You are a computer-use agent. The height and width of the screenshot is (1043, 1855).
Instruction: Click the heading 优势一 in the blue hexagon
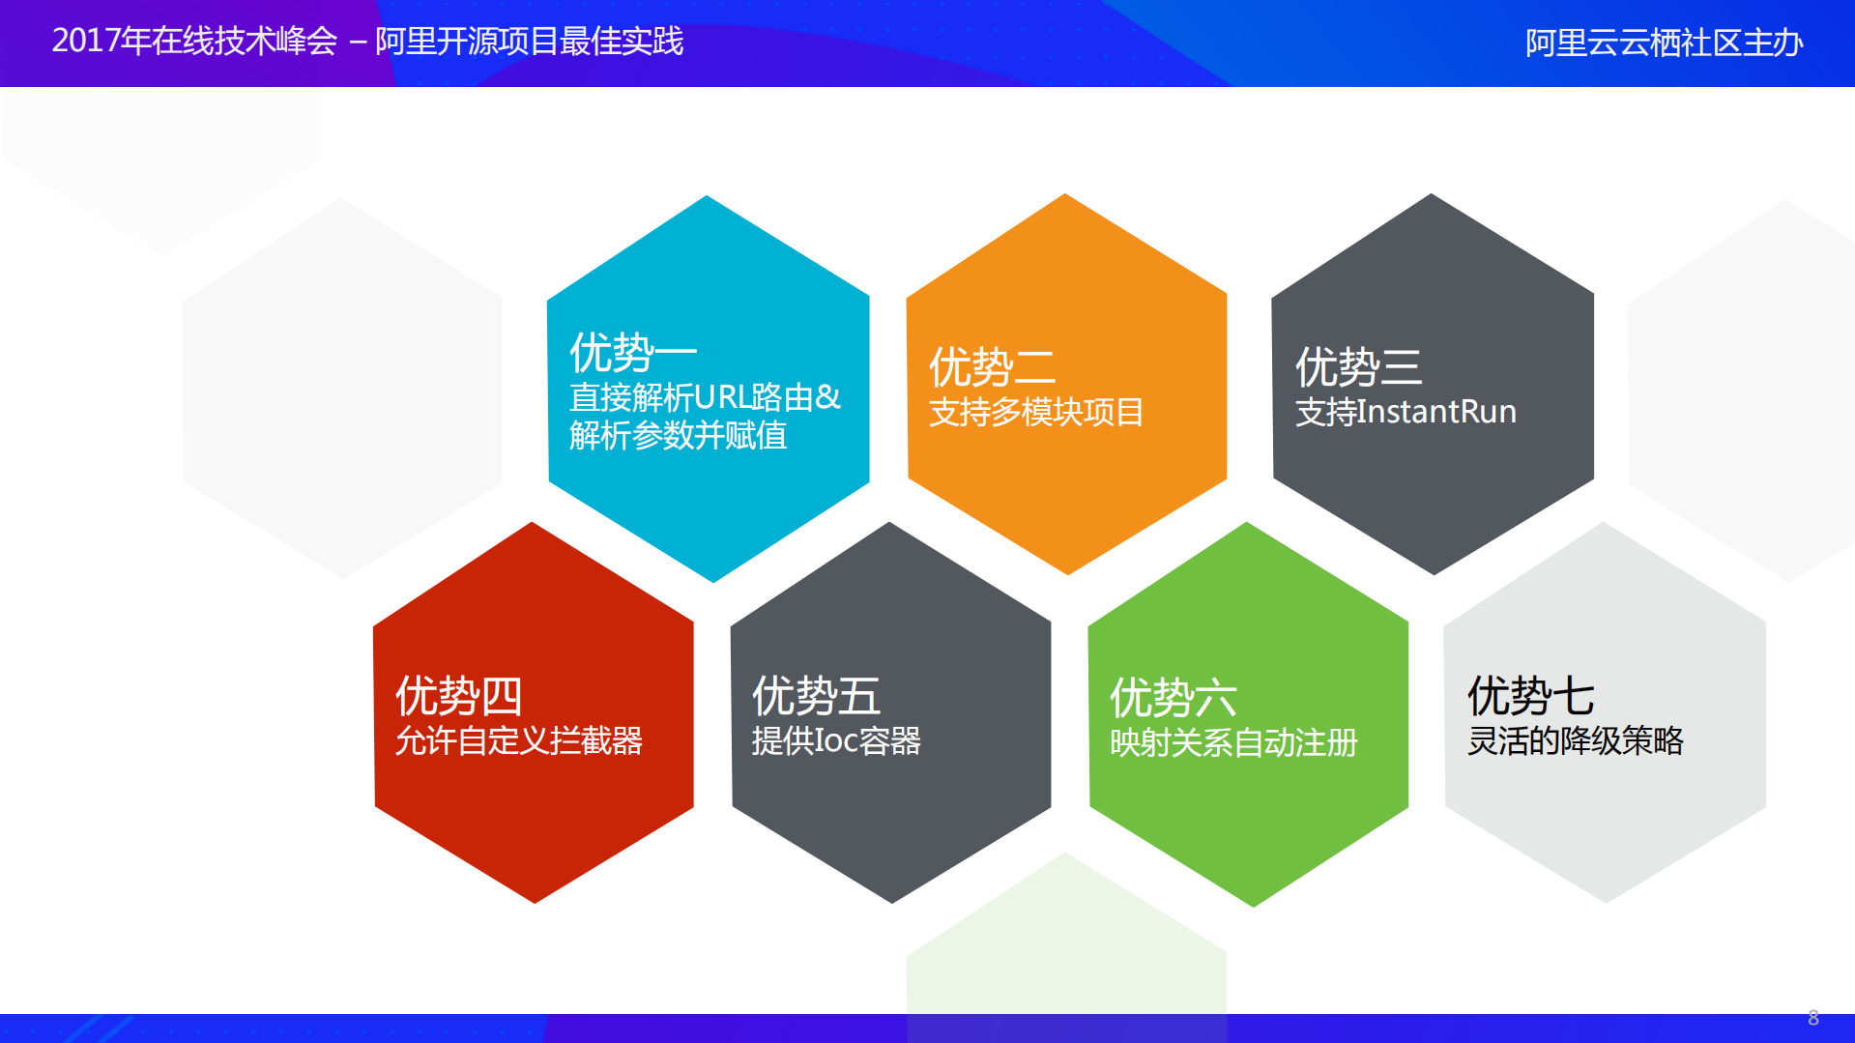[x=632, y=352]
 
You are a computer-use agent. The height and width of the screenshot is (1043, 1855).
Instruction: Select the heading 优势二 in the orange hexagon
[x=992, y=367]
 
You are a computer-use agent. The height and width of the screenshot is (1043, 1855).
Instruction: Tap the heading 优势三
[x=1358, y=367]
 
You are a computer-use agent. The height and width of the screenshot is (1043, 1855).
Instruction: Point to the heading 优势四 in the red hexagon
[x=458, y=696]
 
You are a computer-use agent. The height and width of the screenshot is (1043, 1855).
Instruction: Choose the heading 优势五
[x=816, y=696]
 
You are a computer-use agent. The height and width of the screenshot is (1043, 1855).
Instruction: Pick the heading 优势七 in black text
[x=1530, y=696]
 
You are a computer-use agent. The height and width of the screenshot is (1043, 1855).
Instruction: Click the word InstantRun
[x=1436, y=412]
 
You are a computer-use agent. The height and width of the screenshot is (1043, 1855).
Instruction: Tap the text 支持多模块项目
[x=1035, y=413]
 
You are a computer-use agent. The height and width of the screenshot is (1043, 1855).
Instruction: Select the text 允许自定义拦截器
[x=519, y=741]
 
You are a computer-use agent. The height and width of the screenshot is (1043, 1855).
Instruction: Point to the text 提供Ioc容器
[x=836, y=741]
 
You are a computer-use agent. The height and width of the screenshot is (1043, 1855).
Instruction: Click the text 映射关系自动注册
[x=1233, y=743]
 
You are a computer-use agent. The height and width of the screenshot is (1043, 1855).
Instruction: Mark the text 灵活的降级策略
[x=1575, y=741]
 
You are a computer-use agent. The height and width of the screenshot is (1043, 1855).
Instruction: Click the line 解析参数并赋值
[x=678, y=436]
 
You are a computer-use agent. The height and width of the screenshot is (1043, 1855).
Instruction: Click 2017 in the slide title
[x=86, y=42]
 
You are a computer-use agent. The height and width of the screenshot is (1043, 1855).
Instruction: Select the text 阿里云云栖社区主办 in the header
[x=1664, y=43]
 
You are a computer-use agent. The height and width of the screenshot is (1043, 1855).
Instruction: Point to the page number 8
[x=1813, y=1018]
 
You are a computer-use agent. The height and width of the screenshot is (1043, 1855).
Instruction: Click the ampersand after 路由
[x=828, y=397]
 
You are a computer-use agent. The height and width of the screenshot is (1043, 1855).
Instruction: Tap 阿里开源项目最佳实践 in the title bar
[x=529, y=42]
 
